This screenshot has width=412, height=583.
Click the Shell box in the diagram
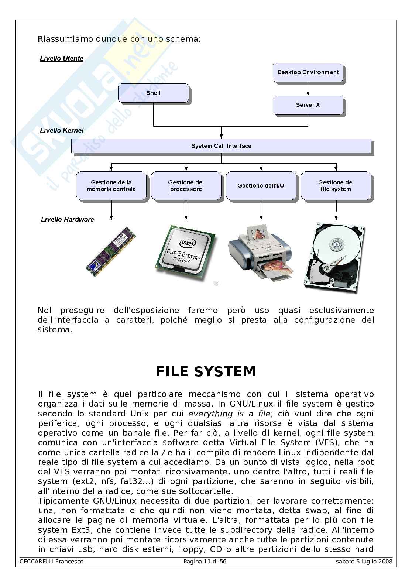tap(153, 93)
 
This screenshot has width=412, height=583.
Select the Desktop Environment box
tap(308, 72)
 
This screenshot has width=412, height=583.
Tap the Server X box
tap(308, 105)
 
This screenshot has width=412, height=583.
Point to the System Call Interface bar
tap(221, 146)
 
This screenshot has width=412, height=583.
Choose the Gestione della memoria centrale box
tap(111, 186)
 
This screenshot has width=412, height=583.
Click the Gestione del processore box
tap(186, 186)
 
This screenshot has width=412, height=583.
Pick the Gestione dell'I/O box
tap(261, 186)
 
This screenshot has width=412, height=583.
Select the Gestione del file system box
tap(336, 186)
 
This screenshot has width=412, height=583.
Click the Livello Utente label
tap(62, 58)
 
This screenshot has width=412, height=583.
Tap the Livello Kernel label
tap(62, 130)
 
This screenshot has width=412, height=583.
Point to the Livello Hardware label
tap(67, 219)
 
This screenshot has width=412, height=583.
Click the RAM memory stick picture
tap(111, 251)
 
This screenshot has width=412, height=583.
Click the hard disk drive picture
tap(335, 258)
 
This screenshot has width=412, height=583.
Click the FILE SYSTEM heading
tap(206, 371)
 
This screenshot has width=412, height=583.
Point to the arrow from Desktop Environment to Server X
tap(308, 89)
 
